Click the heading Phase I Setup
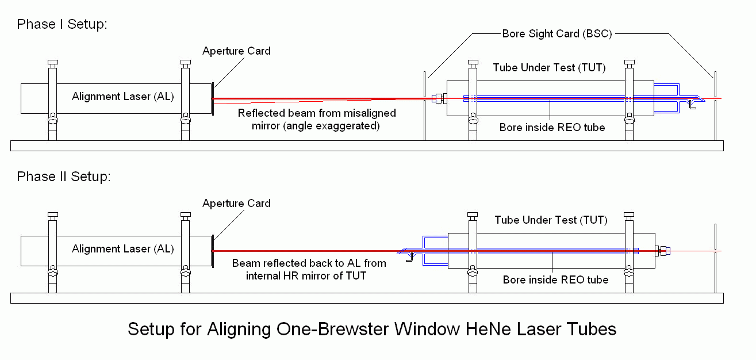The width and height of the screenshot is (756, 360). click(x=62, y=24)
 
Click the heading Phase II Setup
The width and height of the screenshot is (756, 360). click(x=64, y=177)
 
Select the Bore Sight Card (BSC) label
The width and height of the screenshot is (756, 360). click(x=557, y=33)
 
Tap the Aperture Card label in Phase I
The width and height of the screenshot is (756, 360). click(x=236, y=51)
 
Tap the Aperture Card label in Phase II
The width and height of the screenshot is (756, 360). click(x=236, y=204)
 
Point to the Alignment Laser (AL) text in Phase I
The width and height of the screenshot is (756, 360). click(x=123, y=97)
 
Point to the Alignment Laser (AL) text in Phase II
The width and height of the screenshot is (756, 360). click(x=123, y=249)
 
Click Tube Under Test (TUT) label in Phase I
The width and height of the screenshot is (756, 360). click(x=549, y=68)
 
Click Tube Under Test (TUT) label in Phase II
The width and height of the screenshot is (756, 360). click(x=551, y=220)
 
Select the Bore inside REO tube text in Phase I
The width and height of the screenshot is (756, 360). click(x=552, y=127)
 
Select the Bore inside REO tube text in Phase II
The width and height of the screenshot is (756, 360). click(x=555, y=280)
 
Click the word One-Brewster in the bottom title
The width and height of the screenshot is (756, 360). click(x=327, y=330)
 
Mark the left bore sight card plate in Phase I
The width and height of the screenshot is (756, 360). click(x=424, y=106)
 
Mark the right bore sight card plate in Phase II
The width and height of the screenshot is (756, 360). click(x=715, y=259)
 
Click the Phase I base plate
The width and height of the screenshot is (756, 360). click(x=367, y=146)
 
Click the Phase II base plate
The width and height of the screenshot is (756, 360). click(x=367, y=298)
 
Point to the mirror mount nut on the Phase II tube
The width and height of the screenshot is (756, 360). click(x=662, y=251)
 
